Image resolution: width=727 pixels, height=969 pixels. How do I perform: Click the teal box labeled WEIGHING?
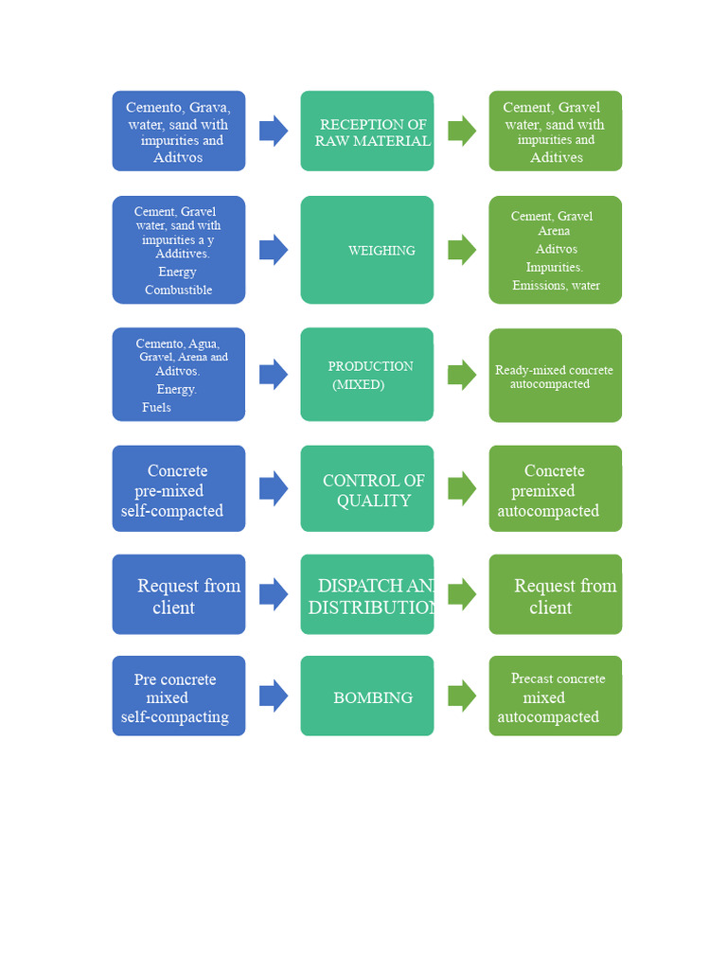367,250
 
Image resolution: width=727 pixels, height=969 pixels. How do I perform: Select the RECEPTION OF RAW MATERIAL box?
367,131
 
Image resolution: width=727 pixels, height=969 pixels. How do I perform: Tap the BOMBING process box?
367,696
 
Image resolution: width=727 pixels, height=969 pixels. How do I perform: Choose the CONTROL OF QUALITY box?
367,488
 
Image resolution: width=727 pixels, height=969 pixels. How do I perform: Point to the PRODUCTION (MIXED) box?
367,375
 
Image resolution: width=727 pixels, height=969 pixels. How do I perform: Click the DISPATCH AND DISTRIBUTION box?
367,594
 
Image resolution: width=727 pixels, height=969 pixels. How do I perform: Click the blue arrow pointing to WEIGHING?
274,250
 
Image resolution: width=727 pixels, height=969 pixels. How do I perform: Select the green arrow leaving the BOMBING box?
462,696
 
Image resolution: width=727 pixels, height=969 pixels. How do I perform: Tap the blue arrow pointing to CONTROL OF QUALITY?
274,488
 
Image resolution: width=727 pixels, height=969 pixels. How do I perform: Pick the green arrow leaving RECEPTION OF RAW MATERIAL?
462,131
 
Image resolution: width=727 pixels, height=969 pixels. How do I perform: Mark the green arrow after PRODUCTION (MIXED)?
462,375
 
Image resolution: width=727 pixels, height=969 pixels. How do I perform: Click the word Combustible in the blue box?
178,291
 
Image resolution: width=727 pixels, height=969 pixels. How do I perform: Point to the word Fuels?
156,407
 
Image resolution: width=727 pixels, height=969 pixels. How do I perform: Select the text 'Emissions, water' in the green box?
556,286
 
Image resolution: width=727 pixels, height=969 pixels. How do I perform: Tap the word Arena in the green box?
554,231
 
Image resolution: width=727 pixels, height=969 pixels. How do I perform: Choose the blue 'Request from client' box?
179,594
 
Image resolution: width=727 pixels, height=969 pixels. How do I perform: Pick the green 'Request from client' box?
556,594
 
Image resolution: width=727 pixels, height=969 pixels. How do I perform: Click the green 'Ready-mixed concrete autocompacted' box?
556,376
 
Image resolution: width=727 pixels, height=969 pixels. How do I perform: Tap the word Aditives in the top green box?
556,157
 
